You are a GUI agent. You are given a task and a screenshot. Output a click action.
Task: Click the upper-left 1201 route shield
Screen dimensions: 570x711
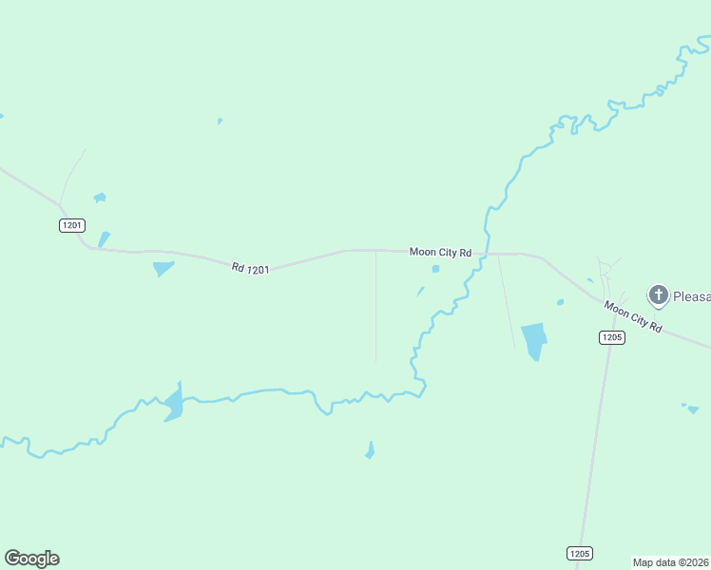click(71, 225)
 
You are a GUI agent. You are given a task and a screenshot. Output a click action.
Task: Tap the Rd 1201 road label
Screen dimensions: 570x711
click(250, 269)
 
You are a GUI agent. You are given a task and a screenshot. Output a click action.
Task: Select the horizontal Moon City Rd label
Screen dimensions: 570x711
click(440, 252)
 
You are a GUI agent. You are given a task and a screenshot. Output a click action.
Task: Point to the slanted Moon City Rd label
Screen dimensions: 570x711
click(633, 315)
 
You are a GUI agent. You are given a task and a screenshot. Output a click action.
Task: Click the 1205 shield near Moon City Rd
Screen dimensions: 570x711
click(611, 337)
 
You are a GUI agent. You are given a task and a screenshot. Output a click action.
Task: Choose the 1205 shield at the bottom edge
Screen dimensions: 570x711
click(580, 553)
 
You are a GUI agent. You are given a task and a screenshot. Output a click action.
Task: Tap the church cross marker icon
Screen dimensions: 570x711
click(658, 294)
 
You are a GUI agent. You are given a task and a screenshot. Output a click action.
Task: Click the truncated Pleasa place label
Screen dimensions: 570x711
click(692, 296)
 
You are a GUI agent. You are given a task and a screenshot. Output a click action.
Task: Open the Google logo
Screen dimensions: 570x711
click(31, 559)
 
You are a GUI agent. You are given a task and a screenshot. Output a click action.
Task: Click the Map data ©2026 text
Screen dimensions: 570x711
click(671, 562)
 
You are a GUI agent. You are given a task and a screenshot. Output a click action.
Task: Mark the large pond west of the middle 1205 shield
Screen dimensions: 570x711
click(534, 340)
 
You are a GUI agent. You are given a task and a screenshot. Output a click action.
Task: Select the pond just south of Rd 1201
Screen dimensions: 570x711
click(163, 269)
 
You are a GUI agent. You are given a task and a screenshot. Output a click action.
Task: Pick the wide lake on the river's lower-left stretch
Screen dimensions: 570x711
click(172, 404)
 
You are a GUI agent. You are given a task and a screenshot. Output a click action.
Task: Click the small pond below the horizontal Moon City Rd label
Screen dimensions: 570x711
click(435, 269)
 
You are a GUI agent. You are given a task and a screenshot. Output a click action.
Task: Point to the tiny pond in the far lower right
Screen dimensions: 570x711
click(692, 409)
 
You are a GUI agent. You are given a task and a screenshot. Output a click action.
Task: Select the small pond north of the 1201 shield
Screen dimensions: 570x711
click(99, 198)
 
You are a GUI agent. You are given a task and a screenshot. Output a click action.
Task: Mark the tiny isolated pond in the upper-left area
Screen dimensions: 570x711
click(220, 122)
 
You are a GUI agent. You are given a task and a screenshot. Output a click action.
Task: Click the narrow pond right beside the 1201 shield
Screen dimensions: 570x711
click(104, 239)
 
